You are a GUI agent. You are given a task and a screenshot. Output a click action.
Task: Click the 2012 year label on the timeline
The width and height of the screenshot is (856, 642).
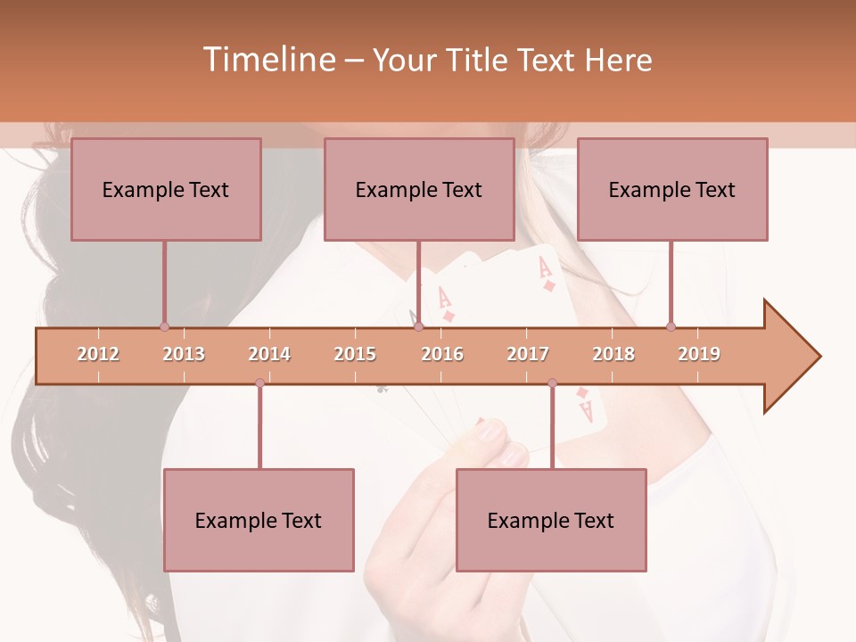tap(98, 354)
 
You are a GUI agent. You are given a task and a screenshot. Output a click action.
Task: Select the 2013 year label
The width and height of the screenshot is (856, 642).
tap(184, 354)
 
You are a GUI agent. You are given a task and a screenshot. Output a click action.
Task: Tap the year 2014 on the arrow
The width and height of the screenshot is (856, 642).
tap(269, 354)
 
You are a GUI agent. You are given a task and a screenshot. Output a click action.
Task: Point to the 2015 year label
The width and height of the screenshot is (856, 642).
tap(355, 354)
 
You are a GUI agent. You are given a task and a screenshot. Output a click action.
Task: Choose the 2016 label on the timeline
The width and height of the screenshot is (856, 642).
tap(442, 354)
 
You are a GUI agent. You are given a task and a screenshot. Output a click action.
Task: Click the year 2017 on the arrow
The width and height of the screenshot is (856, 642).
tap(528, 354)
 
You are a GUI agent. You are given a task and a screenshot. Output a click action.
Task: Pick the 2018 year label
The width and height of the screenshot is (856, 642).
tap(613, 354)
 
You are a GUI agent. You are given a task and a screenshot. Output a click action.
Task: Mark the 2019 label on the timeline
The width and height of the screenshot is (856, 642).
tap(699, 354)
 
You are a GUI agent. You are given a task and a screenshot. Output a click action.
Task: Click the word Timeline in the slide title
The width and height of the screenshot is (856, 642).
tap(267, 60)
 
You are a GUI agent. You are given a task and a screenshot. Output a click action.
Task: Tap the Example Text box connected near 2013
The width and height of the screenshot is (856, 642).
tap(166, 189)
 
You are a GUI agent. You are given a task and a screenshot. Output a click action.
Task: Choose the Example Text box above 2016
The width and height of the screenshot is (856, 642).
tap(419, 189)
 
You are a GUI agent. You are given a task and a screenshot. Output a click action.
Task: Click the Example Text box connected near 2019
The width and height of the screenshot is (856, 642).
tap(672, 189)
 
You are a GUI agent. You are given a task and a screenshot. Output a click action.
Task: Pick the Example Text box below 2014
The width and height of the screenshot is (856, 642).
tap(259, 520)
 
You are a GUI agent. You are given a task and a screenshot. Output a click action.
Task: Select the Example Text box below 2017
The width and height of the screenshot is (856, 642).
tap(551, 520)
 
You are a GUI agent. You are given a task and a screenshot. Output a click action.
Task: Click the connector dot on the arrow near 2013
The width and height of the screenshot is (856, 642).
tap(164, 326)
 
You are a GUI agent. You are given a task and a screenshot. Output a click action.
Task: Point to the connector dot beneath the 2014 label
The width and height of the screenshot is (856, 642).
tap(259, 383)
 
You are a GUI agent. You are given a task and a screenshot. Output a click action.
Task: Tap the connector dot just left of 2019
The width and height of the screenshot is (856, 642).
tap(671, 326)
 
